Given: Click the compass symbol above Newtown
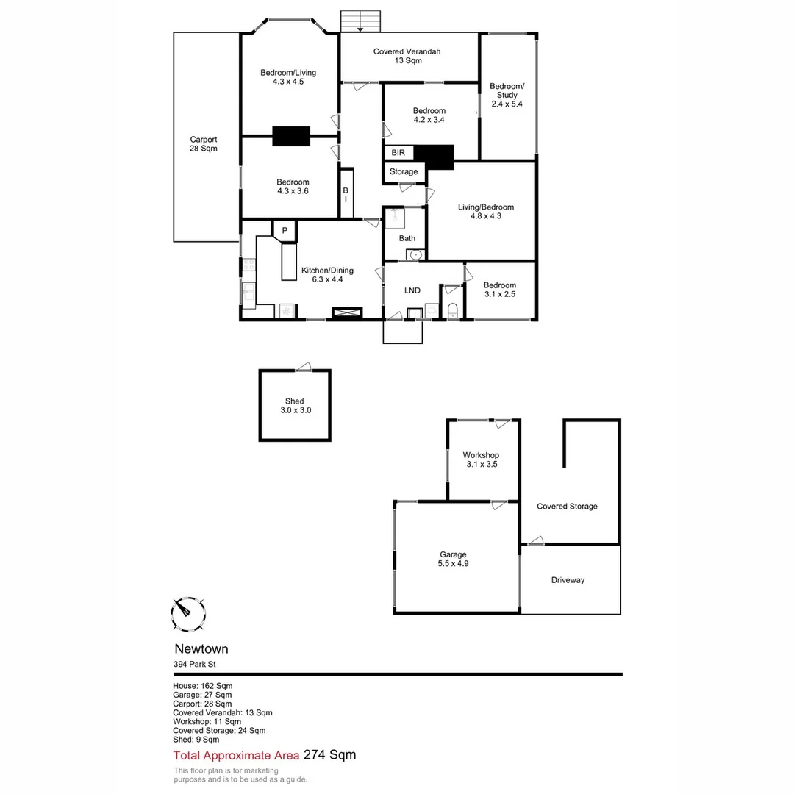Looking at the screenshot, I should coord(187,614).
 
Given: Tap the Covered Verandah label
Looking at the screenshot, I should coord(407,56).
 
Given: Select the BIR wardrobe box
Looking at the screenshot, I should coord(398,153).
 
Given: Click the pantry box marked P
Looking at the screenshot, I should coord(285,231).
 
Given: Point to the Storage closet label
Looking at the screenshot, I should coord(404,172).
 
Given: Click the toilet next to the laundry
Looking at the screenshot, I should coord(452,309).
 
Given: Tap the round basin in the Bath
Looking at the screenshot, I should coord(415,254).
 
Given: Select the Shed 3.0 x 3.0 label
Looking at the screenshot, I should coord(295,406).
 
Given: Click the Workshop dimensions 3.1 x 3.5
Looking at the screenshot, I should coord(482,465).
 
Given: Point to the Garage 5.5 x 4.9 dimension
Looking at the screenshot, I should coord(454,564).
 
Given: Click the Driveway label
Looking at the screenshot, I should coord(568,580).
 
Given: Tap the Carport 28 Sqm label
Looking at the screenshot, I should coord(204,143).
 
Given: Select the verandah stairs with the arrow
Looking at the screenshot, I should coord(360,21).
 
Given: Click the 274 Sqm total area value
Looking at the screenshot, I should coord(330,755).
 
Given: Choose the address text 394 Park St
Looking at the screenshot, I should coord(195,664).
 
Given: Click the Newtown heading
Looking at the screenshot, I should coord(201,649).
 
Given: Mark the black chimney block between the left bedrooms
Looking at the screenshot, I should coord(291,137).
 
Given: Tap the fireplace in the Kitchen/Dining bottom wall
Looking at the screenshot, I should coord(347,312).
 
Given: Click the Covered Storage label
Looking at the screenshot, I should coord(567,507).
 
